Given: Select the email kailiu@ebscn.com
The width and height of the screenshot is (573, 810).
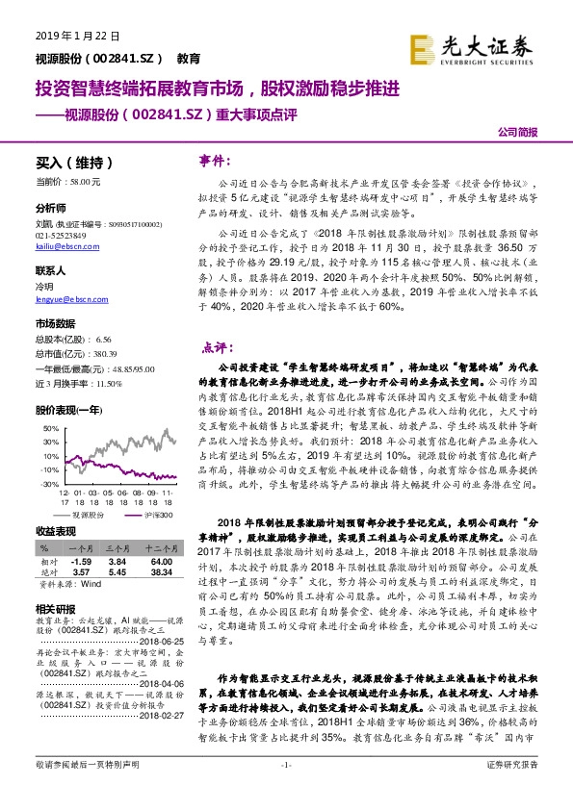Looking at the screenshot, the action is pos(60,247).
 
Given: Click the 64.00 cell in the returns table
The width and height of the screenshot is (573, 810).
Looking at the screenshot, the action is pos(162,560).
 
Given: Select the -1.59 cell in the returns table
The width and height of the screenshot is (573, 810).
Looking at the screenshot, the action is pos(82,560).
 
